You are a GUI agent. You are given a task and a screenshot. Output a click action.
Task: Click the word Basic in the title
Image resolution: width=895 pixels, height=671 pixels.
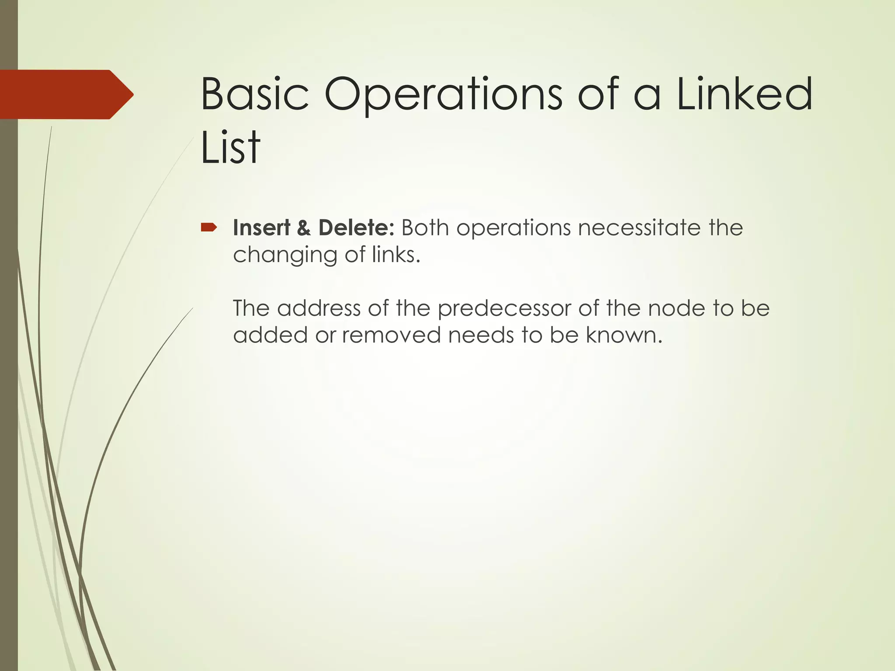click(x=254, y=94)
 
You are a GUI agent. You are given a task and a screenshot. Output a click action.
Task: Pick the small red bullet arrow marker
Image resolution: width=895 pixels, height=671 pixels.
click(x=209, y=227)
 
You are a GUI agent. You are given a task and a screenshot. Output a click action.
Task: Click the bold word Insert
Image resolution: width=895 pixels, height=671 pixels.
click(x=261, y=228)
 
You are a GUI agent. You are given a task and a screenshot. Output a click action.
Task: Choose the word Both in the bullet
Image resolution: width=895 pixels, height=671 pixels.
click(x=425, y=228)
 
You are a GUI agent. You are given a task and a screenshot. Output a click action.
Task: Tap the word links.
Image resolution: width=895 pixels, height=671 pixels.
click(x=396, y=255)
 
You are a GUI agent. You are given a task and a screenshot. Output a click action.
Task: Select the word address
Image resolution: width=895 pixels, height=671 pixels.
click(x=319, y=308)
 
